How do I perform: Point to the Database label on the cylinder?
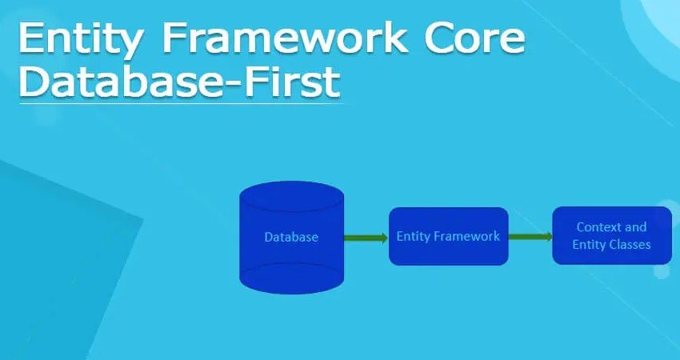click(291, 237)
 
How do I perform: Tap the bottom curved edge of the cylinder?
click(292, 286)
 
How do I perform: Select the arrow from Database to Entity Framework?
click(366, 237)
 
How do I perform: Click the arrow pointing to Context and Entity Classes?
click(530, 236)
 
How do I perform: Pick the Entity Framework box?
click(448, 236)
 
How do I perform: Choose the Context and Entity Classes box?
click(611, 235)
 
